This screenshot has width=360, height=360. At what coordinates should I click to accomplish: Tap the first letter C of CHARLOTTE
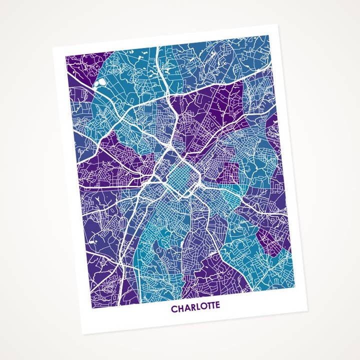pos(174,309)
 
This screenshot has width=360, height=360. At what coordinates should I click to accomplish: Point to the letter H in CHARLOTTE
pos(180,309)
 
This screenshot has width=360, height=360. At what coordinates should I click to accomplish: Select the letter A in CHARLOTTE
pos(186,308)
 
